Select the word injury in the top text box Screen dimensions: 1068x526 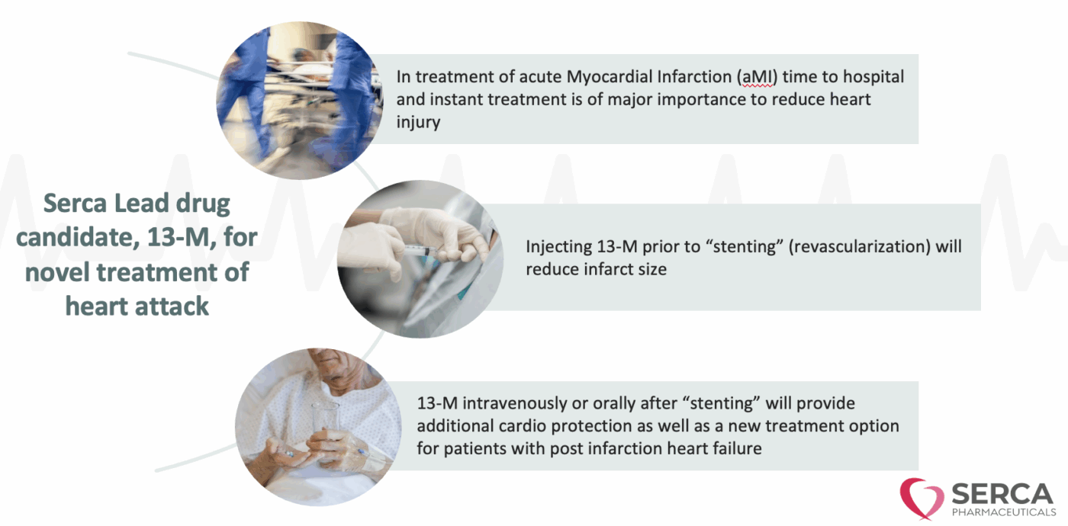pos(418,123)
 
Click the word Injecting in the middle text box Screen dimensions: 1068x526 pos(558,247)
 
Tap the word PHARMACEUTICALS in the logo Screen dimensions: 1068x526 pos(1004,512)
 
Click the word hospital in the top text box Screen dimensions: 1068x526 pos(873,78)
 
